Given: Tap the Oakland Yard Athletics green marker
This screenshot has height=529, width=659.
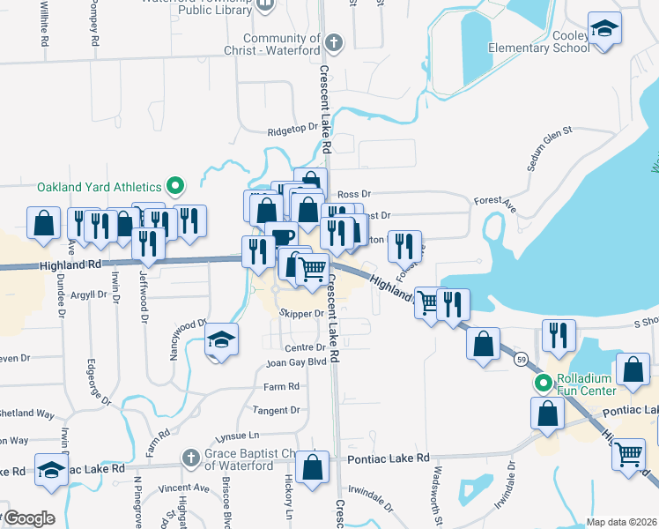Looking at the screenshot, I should click(175, 186).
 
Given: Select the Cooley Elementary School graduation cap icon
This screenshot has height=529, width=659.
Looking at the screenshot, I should click(604, 28).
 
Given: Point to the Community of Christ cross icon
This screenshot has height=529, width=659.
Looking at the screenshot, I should click(334, 41).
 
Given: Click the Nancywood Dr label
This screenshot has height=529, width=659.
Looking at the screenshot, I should click(187, 339).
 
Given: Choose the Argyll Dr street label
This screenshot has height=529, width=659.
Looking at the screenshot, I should click(89, 293).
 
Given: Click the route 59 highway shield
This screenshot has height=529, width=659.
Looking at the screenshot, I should click(522, 360).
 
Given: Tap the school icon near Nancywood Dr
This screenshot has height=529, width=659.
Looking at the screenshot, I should click(222, 340).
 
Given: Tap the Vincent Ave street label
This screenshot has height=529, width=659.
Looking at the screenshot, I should click(182, 488).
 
